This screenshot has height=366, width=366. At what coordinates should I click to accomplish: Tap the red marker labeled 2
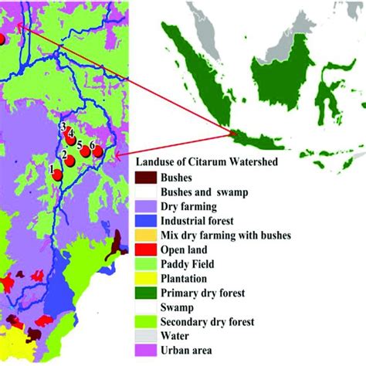click(69, 161)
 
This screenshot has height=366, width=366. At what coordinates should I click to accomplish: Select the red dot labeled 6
click(97, 152)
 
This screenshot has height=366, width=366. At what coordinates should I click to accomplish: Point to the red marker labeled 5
click(85, 151)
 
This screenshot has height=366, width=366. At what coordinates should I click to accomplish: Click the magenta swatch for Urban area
click(146, 351)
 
